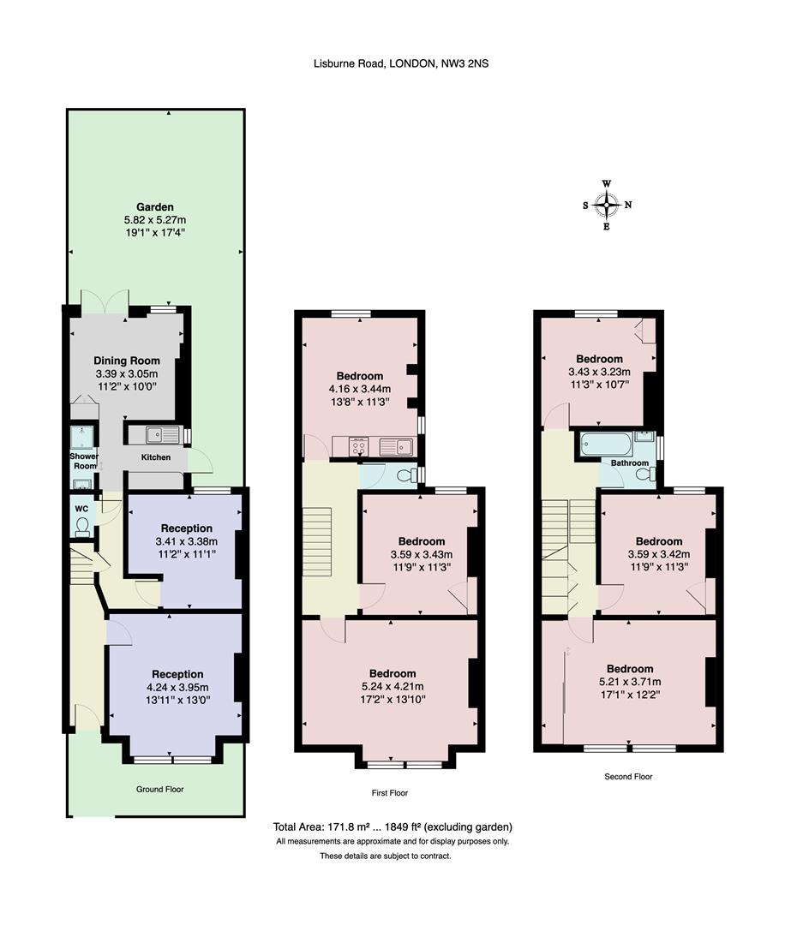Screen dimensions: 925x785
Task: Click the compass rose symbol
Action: (607, 205)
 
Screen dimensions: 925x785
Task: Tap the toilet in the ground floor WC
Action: (83, 525)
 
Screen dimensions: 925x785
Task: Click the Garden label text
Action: (154, 207)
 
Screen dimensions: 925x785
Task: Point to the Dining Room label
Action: (127, 361)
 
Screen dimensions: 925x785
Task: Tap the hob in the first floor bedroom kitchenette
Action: (359, 445)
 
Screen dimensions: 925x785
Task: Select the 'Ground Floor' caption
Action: (159, 789)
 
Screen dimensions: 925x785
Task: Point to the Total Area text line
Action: (392, 827)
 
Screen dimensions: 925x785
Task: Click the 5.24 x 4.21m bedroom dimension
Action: (392, 686)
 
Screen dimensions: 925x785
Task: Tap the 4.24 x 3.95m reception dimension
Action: (177, 687)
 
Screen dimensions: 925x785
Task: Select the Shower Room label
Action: (84, 462)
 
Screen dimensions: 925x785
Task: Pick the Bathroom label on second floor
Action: (629, 463)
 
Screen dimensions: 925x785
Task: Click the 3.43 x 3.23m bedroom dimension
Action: (599, 372)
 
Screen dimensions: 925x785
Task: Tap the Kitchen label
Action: (155, 457)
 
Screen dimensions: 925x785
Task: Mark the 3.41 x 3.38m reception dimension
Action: (186, 541)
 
